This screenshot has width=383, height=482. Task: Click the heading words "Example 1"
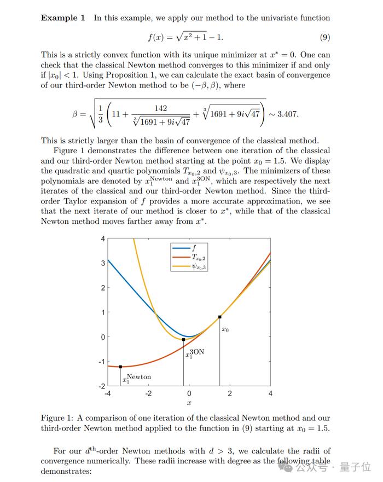point(63,18)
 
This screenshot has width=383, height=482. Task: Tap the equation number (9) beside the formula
point(324,37)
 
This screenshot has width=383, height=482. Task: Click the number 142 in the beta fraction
point(160,108)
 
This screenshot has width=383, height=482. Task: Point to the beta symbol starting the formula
point(76,115)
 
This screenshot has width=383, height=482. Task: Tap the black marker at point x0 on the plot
point(220,317)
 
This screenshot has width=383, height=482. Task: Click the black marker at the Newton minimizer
point(120,367)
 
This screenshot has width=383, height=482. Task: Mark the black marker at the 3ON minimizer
point(183,340)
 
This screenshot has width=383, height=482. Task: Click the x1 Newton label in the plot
point(137,378)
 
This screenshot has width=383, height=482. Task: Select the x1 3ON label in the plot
point(195,353)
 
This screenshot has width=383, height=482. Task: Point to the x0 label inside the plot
point(225,329)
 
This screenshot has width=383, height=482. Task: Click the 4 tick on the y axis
point(102,239)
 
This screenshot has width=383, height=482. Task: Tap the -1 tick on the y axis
point(101,362)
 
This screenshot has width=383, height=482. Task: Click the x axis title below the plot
point(189,404)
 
